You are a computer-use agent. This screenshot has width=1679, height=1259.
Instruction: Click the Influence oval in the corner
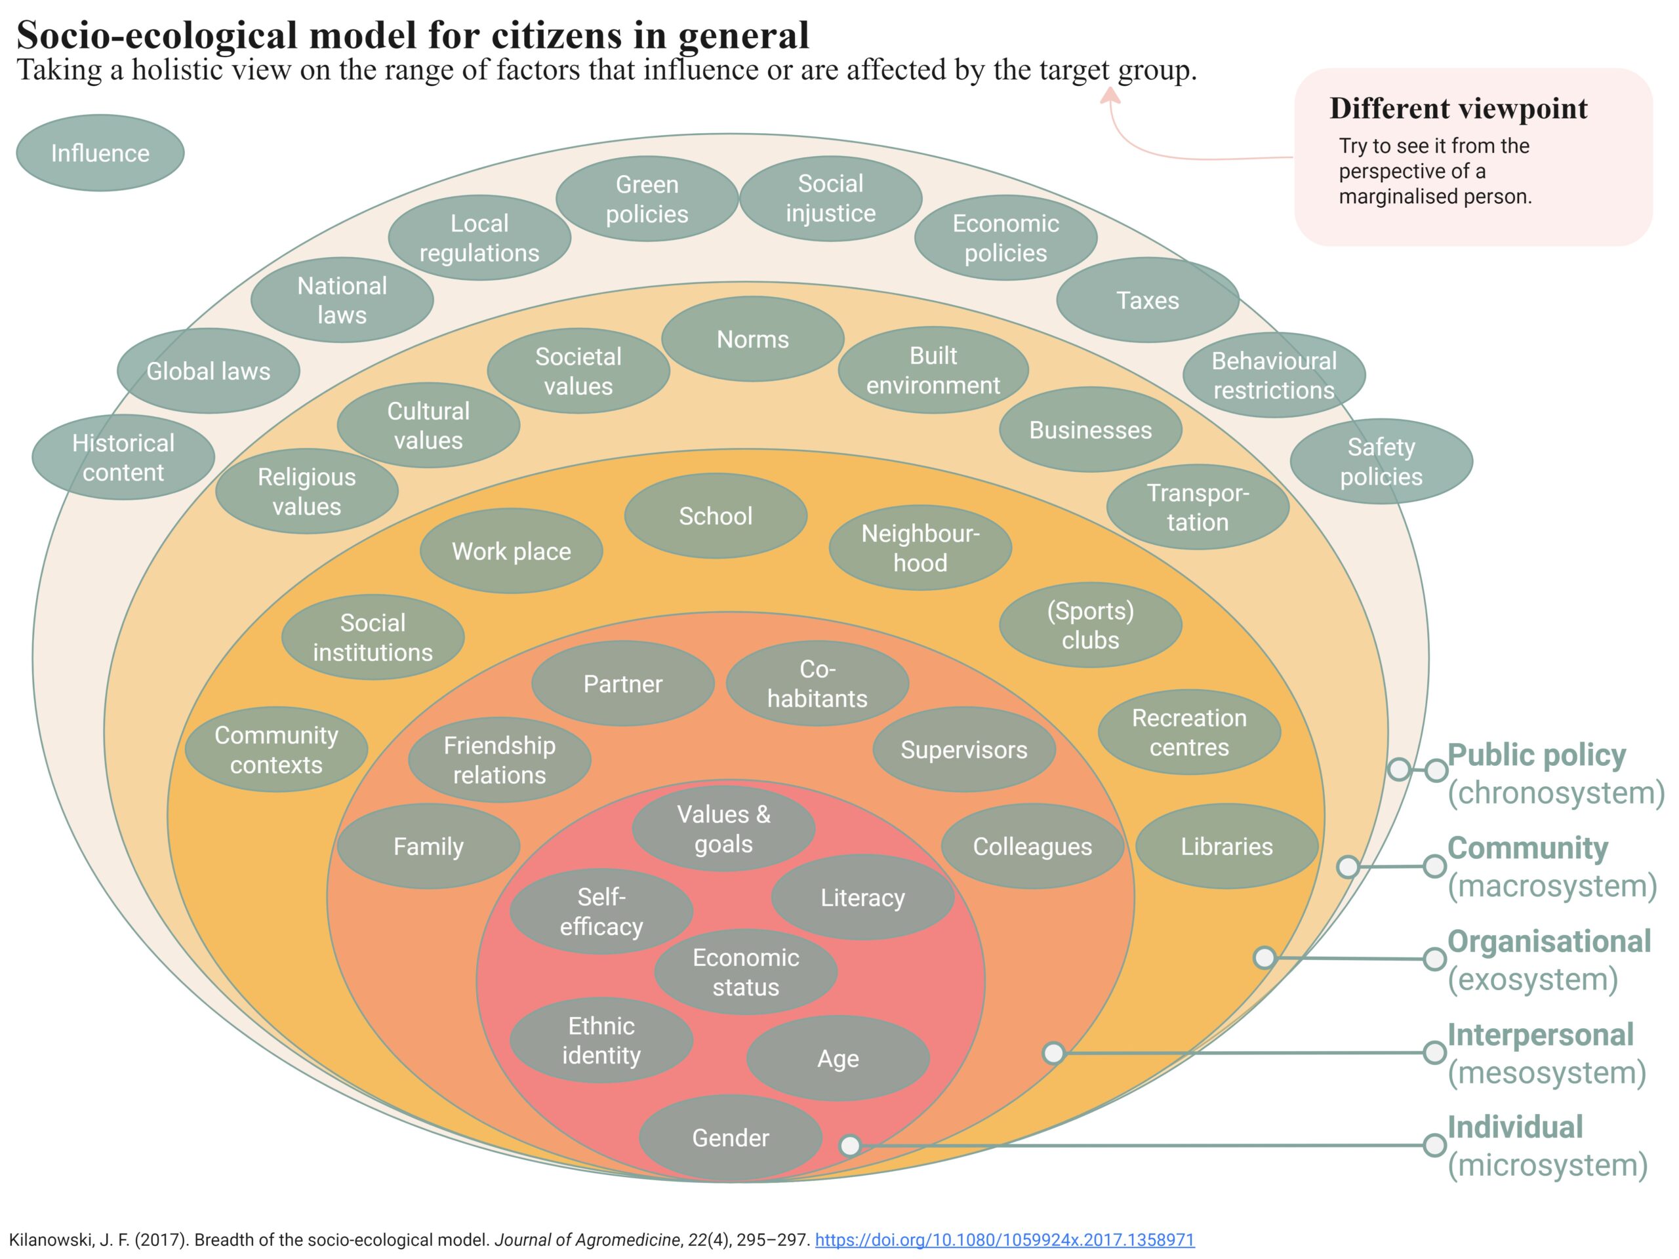[x=100, y=153]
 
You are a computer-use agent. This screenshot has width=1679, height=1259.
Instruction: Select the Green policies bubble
[x=647, y=199]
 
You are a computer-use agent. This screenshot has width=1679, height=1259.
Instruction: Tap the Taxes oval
[x=1147, y=300]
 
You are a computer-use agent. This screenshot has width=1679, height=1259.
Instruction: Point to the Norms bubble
[x=752, y=339]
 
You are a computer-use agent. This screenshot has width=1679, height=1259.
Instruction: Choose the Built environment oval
[x=933, y=370]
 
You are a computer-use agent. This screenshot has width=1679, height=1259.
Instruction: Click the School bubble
[x=715, y=516]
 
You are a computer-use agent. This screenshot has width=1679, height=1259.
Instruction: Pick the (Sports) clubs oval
[x=1090, y=626]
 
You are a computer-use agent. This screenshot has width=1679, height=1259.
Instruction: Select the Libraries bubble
[x=1226, y=846]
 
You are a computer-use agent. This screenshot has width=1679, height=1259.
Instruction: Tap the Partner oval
[x=622, y=684]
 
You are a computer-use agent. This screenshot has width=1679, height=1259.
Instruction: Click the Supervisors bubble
[x=963, y=749]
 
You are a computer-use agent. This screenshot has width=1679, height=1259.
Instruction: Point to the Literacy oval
[x=862, y=898]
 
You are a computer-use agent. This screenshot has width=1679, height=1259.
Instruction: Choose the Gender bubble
[x=730, y=1138]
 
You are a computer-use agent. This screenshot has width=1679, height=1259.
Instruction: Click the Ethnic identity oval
[x=601, y=1041]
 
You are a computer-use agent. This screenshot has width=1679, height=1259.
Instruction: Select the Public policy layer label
[x=1535, y=755]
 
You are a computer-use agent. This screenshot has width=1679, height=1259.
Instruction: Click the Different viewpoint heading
[x=1457, y=108]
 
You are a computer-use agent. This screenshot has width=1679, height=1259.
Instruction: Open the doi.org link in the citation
[x=1004, y=1240]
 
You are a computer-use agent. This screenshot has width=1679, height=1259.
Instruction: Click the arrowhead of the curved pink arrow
[x=1110, y=95]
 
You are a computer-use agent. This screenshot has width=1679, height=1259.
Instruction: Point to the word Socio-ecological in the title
[x=156, y=35]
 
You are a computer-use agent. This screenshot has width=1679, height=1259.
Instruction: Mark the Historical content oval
[x=123, y=458]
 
